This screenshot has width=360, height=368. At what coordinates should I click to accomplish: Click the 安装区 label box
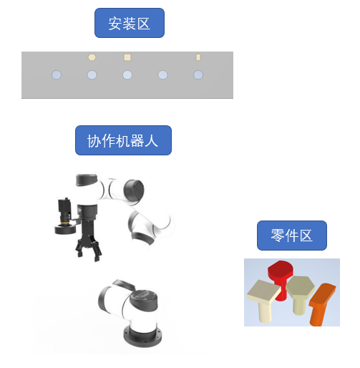coord(130,23)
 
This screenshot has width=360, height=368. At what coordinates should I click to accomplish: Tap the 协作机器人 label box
coord(123,140)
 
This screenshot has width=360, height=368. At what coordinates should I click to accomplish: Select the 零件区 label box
coord(292,236)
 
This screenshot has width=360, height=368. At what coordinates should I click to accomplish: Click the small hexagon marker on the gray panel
coord(92,57)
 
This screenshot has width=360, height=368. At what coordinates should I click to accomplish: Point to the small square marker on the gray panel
coord(127,57)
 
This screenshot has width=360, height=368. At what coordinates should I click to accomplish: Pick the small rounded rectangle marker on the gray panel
coord(198,57)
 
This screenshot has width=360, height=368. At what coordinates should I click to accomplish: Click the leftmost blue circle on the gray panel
coord(57,75)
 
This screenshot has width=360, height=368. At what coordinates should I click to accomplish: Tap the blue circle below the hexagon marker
coord(92,75)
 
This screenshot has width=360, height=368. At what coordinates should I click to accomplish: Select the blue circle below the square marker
coord(127,75)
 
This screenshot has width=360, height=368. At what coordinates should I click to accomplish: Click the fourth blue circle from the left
coord(162,75)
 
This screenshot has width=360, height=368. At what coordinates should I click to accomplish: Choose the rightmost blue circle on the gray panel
coord(198,75)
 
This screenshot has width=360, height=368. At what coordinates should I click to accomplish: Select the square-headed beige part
coord(263,299)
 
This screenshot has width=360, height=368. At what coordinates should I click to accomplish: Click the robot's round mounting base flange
coord(142,336)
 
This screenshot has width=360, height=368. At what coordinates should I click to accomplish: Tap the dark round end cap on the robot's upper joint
coord(134,190)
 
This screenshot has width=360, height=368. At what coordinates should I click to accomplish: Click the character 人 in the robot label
coord(151,140)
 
